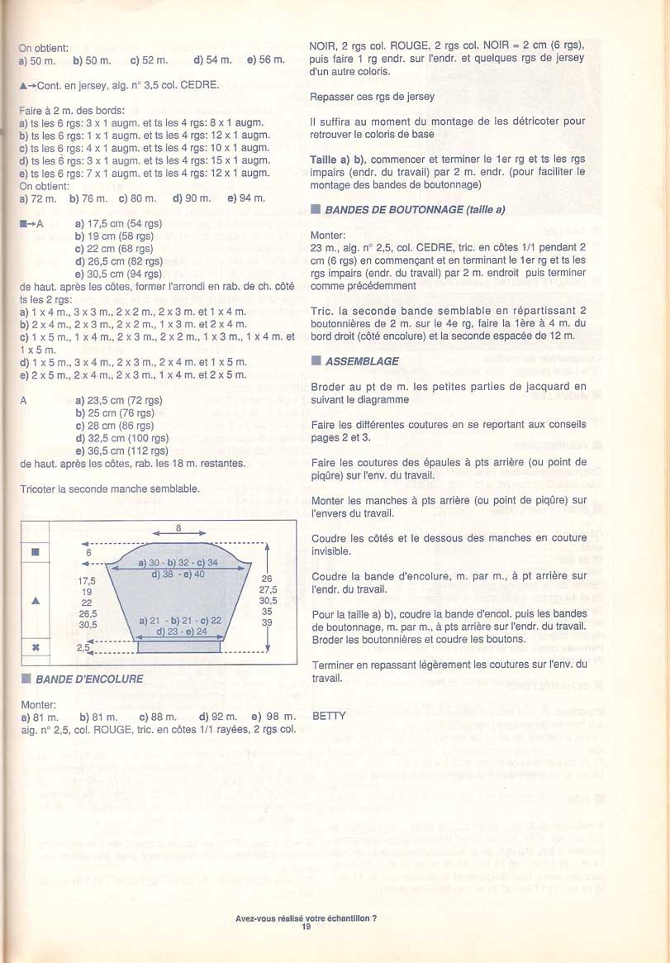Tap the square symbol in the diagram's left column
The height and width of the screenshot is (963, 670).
(x=35, y=552)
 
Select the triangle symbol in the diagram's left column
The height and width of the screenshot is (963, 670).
(x=35, y=601)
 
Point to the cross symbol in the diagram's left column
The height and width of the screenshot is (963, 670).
(x=35, y=648)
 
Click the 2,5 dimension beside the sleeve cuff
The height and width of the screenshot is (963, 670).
(x=83, y=648)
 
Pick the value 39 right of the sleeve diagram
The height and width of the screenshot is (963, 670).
(x=267, y=622)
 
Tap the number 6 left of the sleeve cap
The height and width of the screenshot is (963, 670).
(x=88, y=552)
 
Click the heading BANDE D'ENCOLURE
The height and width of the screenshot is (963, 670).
(x=89, y=679)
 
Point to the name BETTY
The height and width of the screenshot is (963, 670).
(x=329, y=716)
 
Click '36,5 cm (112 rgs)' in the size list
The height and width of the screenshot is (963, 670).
(x=121, y=451)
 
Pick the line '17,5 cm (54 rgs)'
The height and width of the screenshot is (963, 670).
(x=118, y=223)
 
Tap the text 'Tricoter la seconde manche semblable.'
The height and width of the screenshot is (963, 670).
(x=110, y=489)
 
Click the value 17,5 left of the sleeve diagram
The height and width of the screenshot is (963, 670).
(x=86, y=580)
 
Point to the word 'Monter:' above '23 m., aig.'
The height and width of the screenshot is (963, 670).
(x=329, y=236)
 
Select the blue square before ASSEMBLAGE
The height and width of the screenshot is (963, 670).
(x=316, y=361)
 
